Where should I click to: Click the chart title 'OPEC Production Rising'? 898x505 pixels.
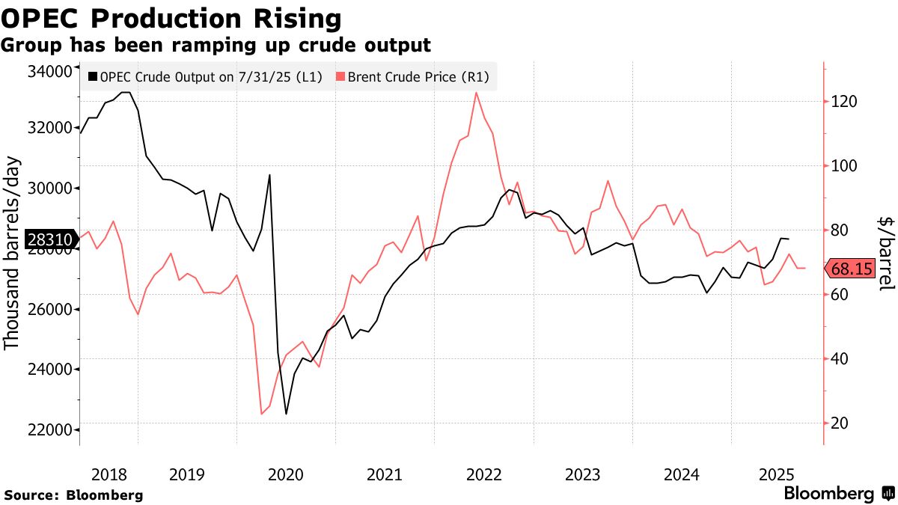(171, 18)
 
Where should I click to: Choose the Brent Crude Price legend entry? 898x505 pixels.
(416, 76)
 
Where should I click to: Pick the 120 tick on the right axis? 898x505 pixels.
(843, 102)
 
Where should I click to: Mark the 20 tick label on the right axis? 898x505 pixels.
(839, 423)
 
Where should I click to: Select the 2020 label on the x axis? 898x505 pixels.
(284, 474)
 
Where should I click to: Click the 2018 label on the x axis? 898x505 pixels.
(109, 474)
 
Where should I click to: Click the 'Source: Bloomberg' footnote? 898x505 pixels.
(73, 495)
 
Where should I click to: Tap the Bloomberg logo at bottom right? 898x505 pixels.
(838, 494)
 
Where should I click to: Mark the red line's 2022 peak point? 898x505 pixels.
(476, 93)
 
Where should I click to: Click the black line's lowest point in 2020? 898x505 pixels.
(286, 414)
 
